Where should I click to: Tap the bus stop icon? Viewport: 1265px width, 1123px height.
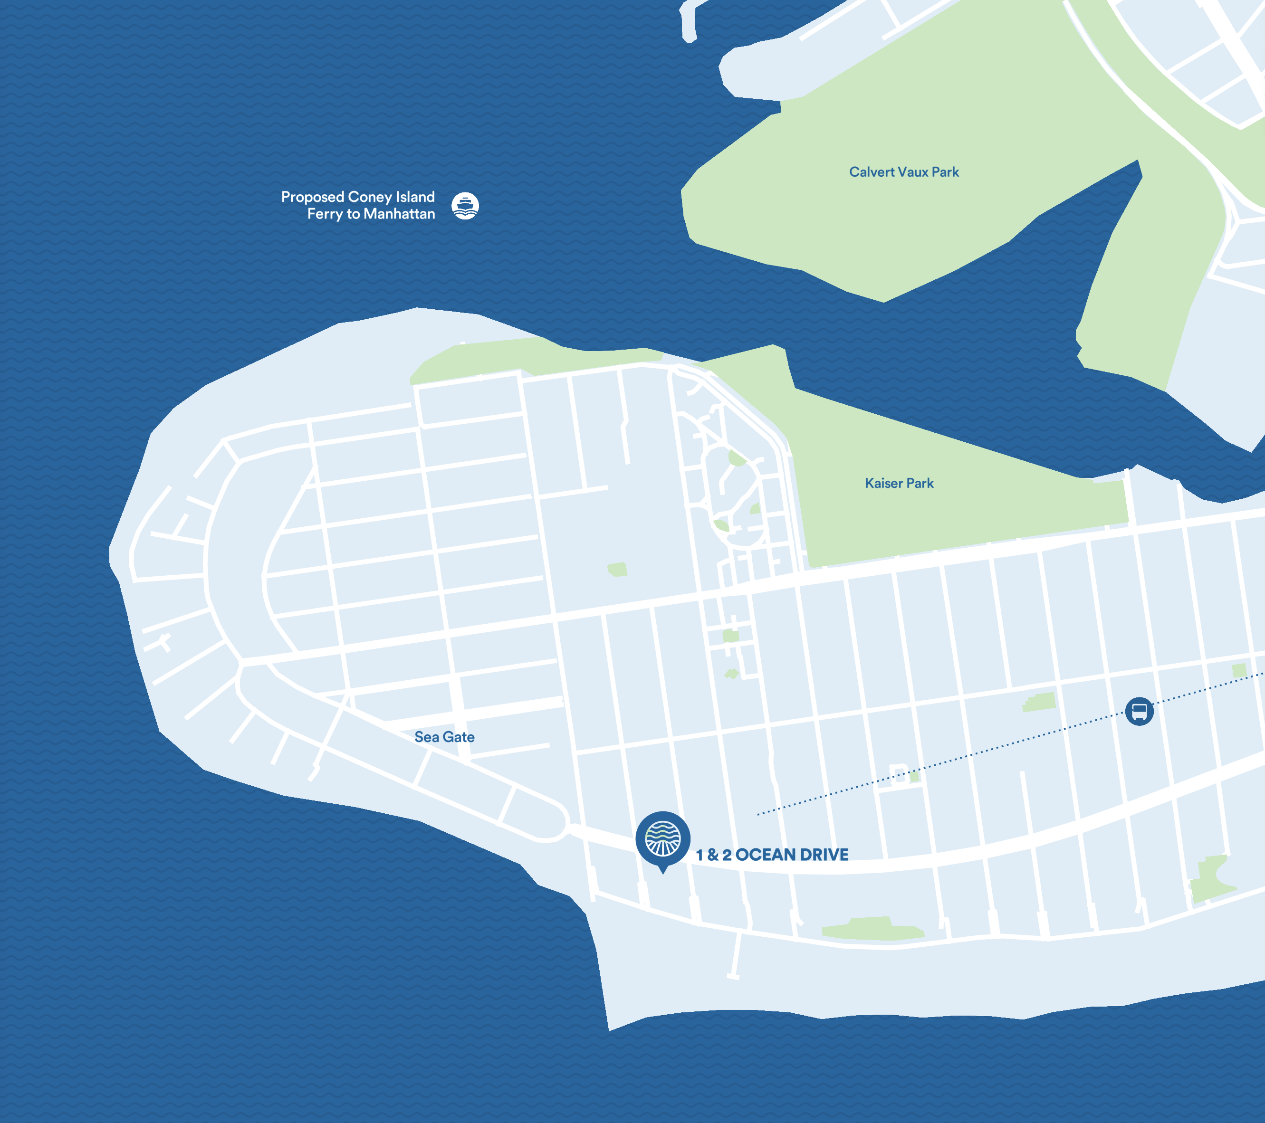coord(1139,711)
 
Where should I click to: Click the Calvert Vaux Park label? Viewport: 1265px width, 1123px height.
coord(903,172)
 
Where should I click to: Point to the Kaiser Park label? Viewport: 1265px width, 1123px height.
coord(899,483)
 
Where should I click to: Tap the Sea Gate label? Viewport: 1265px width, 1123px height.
coord(444,737)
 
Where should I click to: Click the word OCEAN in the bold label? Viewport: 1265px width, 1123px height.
coord(765,855)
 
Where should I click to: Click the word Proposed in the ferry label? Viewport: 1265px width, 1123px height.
coord(313,197)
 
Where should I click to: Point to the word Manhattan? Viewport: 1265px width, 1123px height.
coord(399,214)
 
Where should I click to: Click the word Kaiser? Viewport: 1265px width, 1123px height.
coord(883,483)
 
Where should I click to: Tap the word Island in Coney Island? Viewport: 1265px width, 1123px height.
coord(415,197)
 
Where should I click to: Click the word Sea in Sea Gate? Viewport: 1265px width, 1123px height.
coord(426,737)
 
